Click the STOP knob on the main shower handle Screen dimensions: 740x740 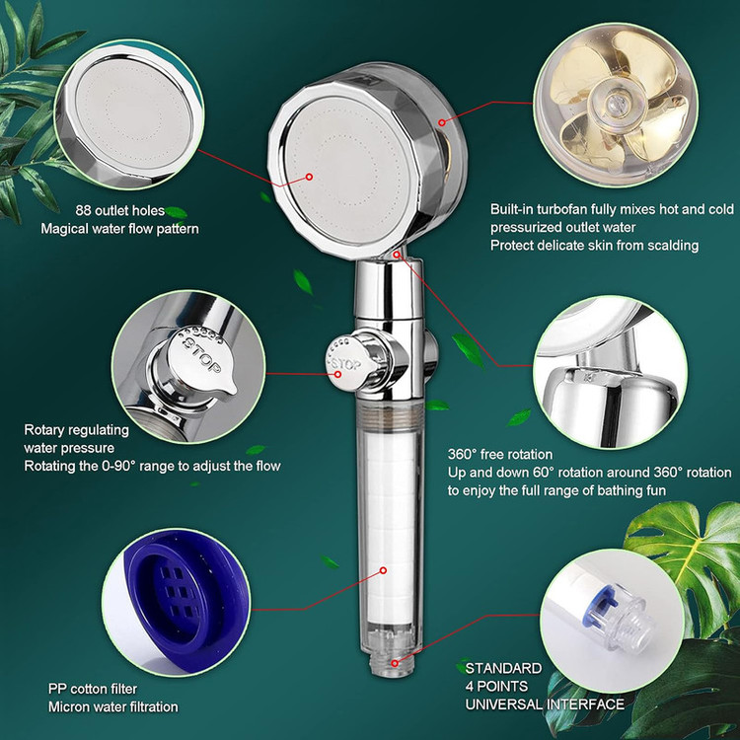348,363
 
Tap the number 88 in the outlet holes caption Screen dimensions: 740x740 84,210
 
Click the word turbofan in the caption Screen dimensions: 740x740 562,209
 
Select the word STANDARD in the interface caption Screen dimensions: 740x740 503,668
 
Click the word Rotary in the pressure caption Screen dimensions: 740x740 43,430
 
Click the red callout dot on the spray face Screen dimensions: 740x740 309,177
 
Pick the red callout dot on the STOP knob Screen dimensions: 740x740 337,374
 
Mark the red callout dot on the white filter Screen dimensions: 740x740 383,570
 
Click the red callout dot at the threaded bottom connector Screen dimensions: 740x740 395,663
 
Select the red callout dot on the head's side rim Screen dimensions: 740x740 441,122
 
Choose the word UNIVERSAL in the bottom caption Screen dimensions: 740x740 504,704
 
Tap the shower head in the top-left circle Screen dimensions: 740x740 129,116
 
